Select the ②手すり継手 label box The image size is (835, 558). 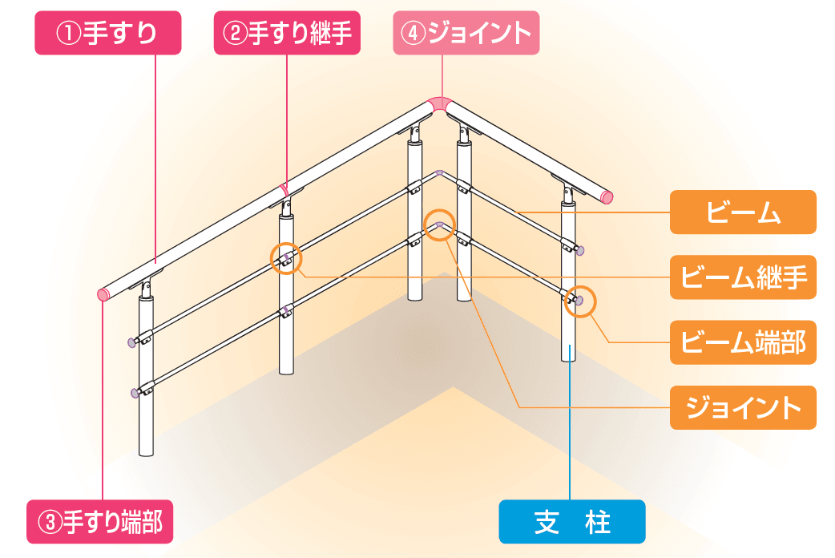[x=286, y=34]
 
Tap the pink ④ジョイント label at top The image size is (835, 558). [x=465, y=34]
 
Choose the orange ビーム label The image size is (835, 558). [x=743, y=212]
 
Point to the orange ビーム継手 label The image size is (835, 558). [x=743, y=277]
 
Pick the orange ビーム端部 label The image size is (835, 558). [x=743, y=342]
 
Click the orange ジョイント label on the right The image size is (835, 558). [x=743, y=407]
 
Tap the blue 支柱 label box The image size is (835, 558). [x=571, y=522]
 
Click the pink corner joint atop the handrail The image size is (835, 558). [x=440, y=104]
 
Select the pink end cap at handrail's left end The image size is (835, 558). [x=103, y=294]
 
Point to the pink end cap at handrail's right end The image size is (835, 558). [x=607, y=196]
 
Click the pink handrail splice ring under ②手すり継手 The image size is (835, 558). [x=283, y=190]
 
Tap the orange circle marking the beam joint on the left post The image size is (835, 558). [x=286, y=258]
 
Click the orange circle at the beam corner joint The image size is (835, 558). [x=439, y=224]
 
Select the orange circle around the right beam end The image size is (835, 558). [x=579, y=301]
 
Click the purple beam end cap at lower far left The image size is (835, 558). [x=133, y=393]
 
